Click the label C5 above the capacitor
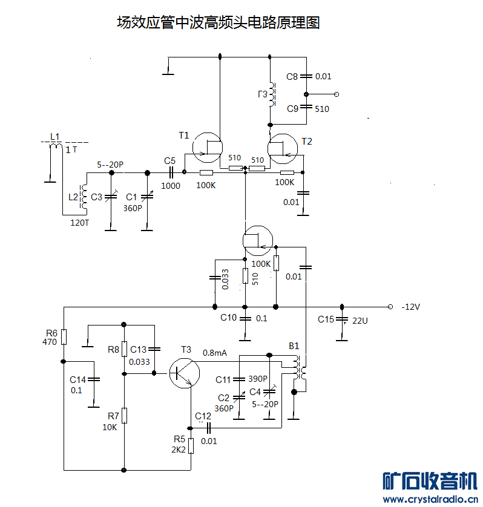point(169,160)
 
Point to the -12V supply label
point(410,307)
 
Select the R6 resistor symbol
point(64,337)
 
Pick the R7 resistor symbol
point(123,416)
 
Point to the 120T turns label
point(79,223)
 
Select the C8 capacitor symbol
point(306,76)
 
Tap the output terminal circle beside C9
point(337,94)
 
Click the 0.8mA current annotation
point(215,353)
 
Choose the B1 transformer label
point(294,346)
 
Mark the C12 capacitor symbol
point(209,428)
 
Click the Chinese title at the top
point(218,23)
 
